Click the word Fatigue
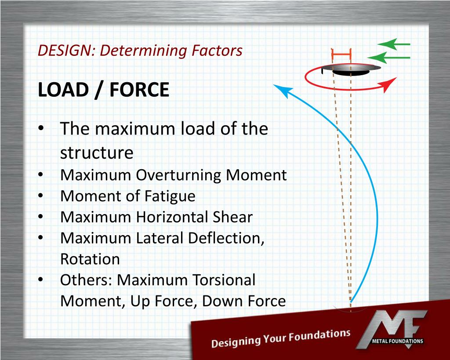(169, 196)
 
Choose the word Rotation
(90, 259)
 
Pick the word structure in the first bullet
(97, 153)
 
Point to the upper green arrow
(393, 44)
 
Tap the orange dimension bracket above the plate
(341, 54)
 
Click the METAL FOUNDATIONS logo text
(397, 341)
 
